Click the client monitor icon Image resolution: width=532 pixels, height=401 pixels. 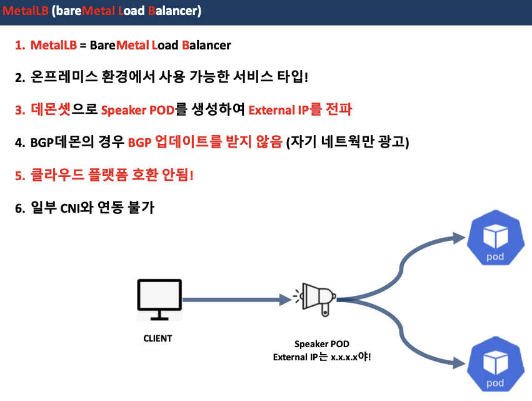click(x=159, y=300)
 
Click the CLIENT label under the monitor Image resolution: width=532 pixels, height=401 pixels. click(x=158, y=338)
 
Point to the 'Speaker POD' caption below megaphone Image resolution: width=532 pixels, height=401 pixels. click(x=321, y=345)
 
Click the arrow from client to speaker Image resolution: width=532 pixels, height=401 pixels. click(x=238, y=300)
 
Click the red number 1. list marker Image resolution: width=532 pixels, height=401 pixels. click(x=20, y=46)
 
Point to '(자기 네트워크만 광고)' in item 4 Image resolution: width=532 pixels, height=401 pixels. click(x=347, y=143)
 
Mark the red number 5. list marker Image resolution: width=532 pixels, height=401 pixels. click(x=20, y=175)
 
